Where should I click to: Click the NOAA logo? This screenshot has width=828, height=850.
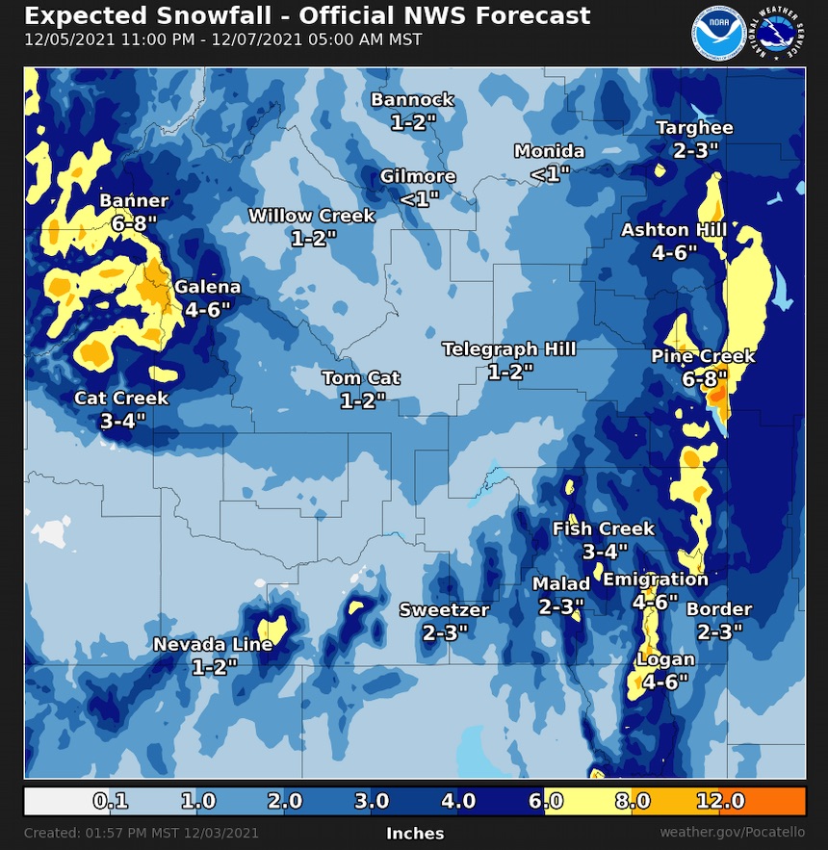[x=716, y=33]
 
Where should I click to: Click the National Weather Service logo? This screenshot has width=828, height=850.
[x=779, y=33]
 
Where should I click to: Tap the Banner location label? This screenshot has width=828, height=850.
[x=134, y=201]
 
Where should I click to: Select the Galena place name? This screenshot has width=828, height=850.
[x=207, y=287]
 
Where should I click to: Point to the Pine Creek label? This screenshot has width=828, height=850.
[x=703, y=356]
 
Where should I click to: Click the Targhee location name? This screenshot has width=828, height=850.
[x=694, y=128]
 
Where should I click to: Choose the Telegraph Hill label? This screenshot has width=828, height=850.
[x=509, y=349]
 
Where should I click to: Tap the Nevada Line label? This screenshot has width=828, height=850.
[x=213, y=644]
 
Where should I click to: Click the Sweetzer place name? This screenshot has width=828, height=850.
[x=445, y=609]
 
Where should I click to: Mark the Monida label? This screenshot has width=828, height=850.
[x=550, y=151]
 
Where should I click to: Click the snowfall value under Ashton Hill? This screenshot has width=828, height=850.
[x=674, y=252]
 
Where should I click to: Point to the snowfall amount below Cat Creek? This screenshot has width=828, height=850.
[x=122, y=421]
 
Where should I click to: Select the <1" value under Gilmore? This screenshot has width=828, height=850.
[x=419, y=199]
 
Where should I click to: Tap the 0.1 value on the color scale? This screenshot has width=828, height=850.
[x=112, y=801]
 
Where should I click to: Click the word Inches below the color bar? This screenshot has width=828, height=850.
[x=415, y=833]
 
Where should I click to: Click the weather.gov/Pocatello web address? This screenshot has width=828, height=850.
[x=732, y=832]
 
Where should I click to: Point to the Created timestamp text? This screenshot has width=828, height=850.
[x=142, y=833]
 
